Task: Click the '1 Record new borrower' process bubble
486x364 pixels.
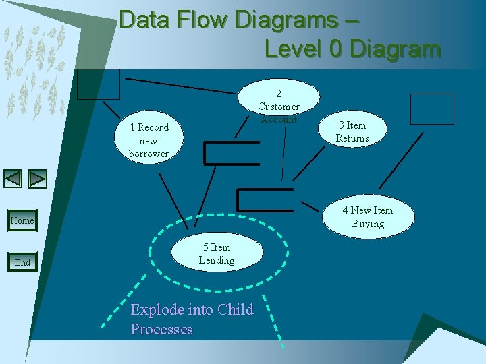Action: [x=148, y=140]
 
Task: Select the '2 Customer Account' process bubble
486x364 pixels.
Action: [x=278, y=104]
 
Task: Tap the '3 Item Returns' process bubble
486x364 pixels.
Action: [x=352, y=131]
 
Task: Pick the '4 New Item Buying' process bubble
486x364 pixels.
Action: [x=367, y=217]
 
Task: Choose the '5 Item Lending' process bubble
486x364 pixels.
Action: [x=216, y=253]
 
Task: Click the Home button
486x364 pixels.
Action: [x=22, y=220]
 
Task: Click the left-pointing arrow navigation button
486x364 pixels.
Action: [x=13, y=179]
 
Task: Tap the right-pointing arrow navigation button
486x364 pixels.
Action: [x=38, y=179]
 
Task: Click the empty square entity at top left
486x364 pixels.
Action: [x=98, y=84]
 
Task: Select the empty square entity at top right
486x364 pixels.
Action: [x=432, y=109]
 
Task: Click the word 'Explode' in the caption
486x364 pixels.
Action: [x=157, y=310]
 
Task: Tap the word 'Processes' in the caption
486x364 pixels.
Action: [x=162, y=330]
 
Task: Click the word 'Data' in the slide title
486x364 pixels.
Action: [x=146, y=20]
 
